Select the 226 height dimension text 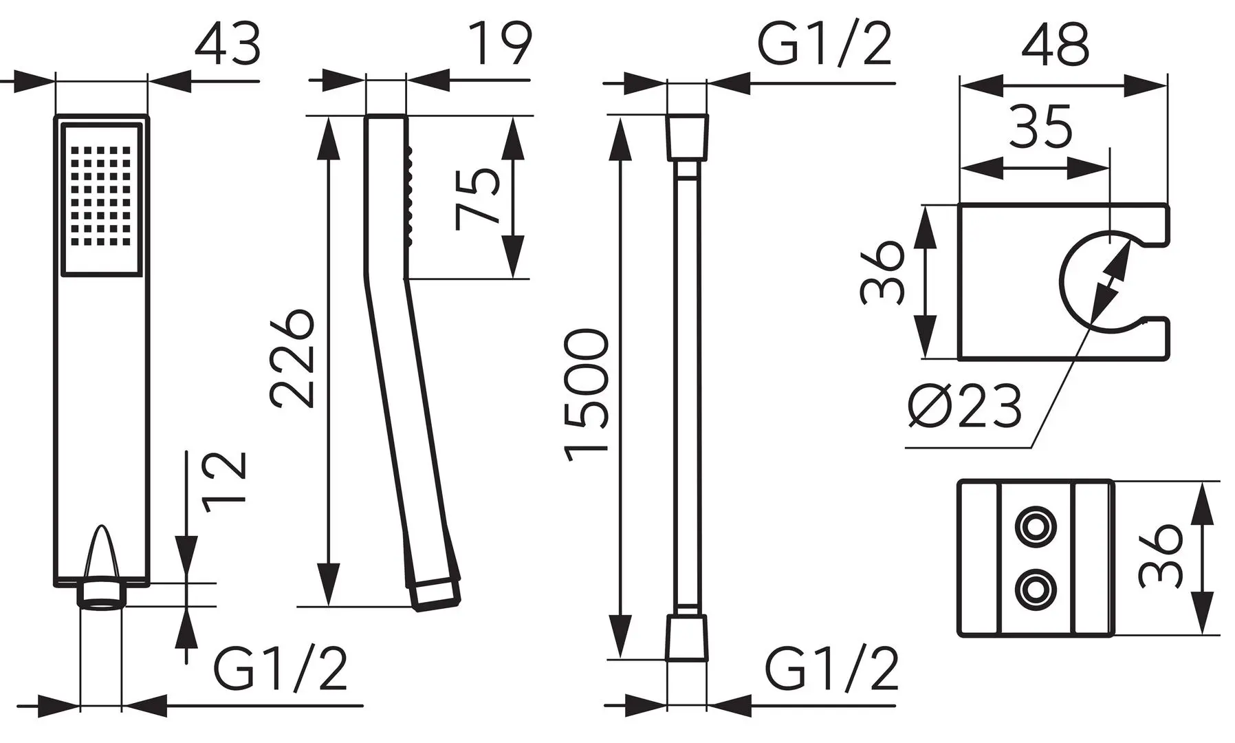293,358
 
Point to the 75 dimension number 477,198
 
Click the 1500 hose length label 587,393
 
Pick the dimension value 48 1055,45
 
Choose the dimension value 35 1040,127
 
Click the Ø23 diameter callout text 963,407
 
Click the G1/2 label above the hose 824,45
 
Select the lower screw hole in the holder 1032,588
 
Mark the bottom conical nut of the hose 687,637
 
